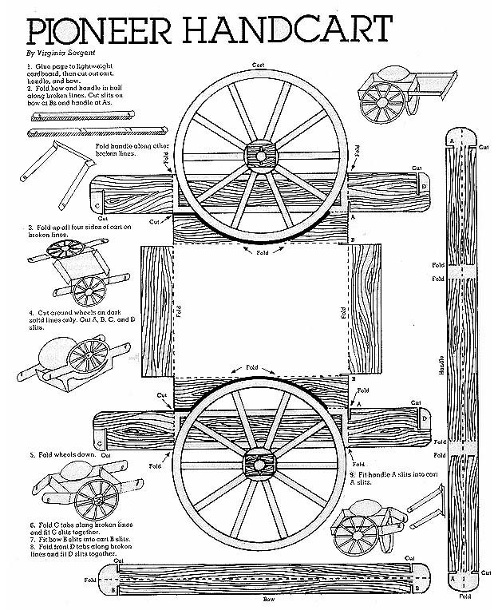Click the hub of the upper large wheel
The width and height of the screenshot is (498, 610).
pyautogui.click(x=260, y=154)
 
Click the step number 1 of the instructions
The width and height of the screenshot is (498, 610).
pyautogui.click(x=30, y=61)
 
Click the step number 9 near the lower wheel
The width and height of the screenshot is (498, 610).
pyautogui.click(x=351, y=476)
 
